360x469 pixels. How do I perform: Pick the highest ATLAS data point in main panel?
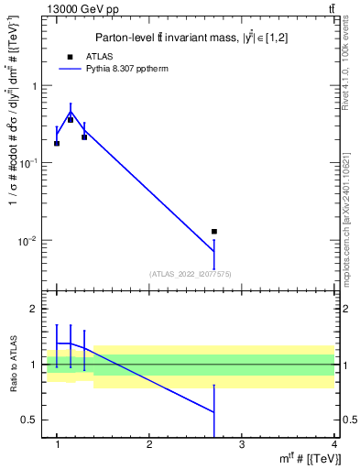(x=71, y=120)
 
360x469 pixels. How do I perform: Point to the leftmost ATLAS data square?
(x=57, y=143)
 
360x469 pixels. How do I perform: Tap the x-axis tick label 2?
(x=149, y=444)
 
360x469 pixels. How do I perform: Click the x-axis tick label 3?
(x=242, y=444)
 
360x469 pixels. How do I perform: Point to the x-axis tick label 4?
(x=333, y=444)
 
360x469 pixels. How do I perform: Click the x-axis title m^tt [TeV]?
(x=301, y=458)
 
